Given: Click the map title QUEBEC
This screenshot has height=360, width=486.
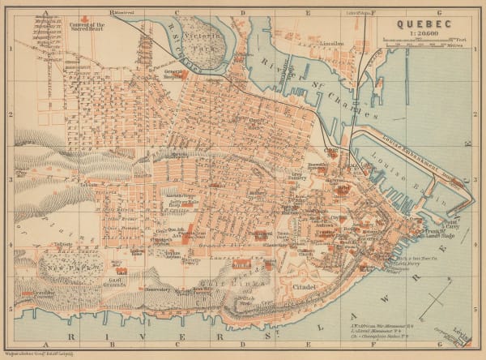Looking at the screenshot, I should [424, 24].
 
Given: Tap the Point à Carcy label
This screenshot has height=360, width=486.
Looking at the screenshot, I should [451, 225].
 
